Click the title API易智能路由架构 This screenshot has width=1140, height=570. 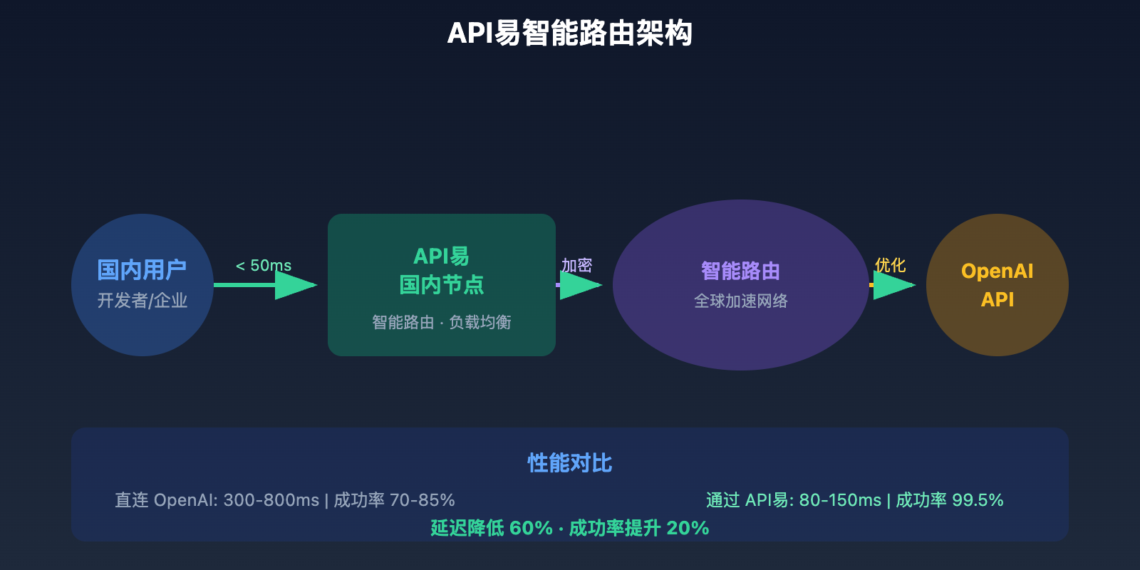pos(570,33)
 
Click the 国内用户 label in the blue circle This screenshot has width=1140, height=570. pos(142,270)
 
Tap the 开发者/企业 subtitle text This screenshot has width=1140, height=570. pos(142,301)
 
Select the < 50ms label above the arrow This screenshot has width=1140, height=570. pos(264,266)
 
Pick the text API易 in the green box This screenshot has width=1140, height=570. pos(441,256)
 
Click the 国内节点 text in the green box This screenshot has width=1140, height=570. pos(441,285)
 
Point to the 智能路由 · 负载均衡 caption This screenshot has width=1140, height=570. pos(441,322)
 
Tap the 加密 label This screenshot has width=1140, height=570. pos(576,265)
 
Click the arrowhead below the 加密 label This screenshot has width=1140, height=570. pos(580,285)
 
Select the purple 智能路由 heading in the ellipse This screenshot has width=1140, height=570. pos(740,271)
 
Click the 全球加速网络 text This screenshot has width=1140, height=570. pos(740,301)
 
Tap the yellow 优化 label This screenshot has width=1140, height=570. pos(890,265)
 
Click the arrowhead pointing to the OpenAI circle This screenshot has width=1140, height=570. pos(893,285)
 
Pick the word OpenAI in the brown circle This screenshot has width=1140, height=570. pos(997,271)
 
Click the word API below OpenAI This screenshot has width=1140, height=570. pos(997,299)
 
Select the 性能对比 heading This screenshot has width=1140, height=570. pos(569,463)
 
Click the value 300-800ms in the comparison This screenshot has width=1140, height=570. pos(271,500)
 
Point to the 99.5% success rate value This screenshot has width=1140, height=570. pos(978,500)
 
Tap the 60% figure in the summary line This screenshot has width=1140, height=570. pos(531,528)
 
